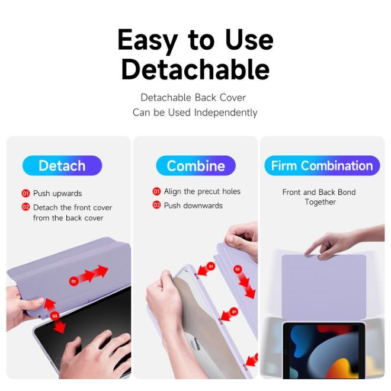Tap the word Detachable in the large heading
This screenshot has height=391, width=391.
[195, 69]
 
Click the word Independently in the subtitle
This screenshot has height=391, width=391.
[226, 113]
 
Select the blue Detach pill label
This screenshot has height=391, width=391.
[62, 165]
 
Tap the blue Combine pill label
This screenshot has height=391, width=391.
[195, 165]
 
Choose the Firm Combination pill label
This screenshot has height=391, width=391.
[322, 165]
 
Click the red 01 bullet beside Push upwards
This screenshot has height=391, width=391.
[25, 193]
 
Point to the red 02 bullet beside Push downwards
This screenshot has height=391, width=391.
[156, 205]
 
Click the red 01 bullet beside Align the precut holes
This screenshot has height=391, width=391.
[156, 191]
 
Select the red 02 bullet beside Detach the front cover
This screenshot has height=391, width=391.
[25, 207]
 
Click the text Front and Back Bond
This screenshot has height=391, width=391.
[319, 193]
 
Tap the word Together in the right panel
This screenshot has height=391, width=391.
[320, 202]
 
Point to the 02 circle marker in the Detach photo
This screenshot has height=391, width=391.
[55, 316]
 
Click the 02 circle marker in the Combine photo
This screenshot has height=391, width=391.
[238, 269]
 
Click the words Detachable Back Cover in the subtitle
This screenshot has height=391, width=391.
[193, 98]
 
